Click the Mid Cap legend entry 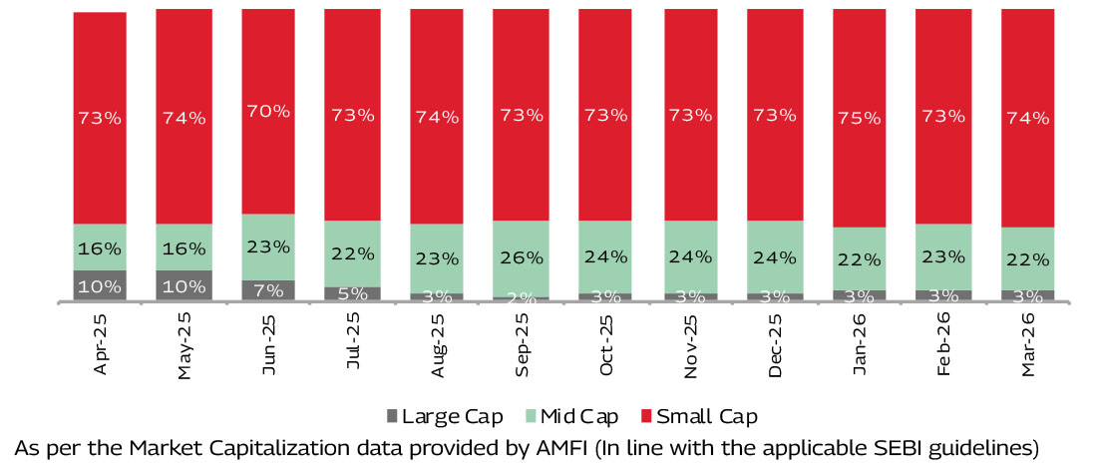tap(572, 415)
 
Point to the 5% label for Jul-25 tap(353, 293)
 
